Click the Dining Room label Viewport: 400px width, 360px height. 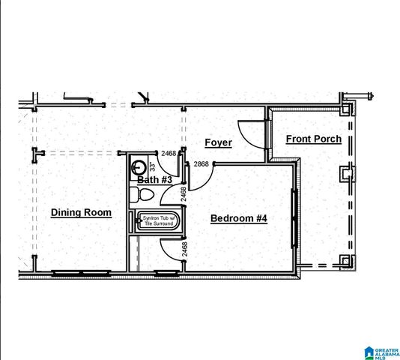[x=81, y=212]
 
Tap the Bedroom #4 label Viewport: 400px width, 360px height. [x=238, y=218]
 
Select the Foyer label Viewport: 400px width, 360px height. [x=218, y=142]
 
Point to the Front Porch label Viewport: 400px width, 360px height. [x=313, y=139]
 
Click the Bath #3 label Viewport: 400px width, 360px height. [x=155, y=180]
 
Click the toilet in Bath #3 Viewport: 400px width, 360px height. [x=142, y=195]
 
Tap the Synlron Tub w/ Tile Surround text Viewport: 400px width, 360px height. [x=157, y=221]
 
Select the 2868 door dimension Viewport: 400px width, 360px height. [x=201, y=163]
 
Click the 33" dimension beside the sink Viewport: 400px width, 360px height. [x=152, y=166]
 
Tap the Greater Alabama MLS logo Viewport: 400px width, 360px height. [x=379, y=351]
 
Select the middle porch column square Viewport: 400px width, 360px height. [x=345, y=173]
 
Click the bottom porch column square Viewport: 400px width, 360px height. [x=345, y=261]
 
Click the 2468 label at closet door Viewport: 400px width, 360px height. [x=184, y=247]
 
